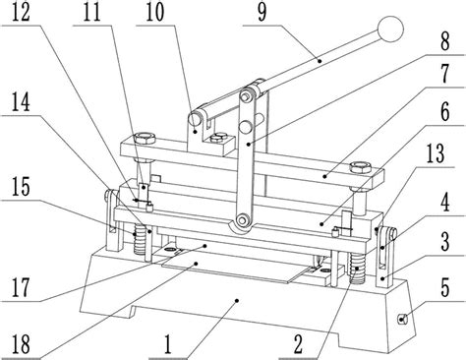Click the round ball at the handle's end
[390, 29]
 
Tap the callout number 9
[262, 12]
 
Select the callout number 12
[21, 12]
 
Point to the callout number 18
[21, 343]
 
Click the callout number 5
[444, 287]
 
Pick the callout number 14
[21, 102]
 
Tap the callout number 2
[298, 344]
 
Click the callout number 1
[168, 344]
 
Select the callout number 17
[21, 287]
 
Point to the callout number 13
[436, 153]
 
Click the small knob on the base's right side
[402, 319]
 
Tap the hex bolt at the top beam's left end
[145, 138]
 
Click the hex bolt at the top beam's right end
[361, 168]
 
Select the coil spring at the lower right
[357, 269]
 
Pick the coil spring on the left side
[140, 238]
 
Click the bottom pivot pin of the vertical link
[243, 219]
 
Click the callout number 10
[154, 12]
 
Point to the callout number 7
[444, 75]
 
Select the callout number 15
[21, 187]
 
